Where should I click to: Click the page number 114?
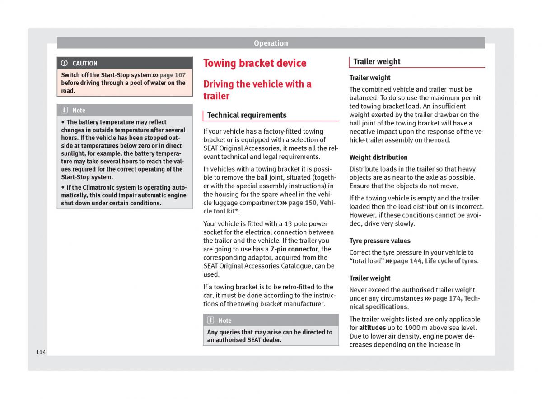pyautogui.click(x=41, y=352)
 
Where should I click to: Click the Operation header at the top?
pyautogui.click(x=271, y=43)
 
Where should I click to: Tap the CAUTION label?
pyautogui.click(x=84, y=64)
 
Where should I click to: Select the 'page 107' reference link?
pyautogui.click(x=172, y=75)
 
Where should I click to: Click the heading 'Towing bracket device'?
pyautogui.click(x=255, y=63)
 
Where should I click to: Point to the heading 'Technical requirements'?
pyautogui.click(x=247, y=115)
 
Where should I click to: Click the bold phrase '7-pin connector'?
pyautogui.click(x=294, y=249)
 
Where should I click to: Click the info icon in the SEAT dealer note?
pyautogui.click(x=211, y=320)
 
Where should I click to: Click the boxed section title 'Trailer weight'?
pyautogui.click(x=377, y=62)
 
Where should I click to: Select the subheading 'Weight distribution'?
pyautogui.click(x=378, y=158)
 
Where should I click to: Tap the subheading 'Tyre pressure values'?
pyautogui.click(x=380, y=241)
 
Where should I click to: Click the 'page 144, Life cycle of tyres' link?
pyautogui.click(x=435, y=261)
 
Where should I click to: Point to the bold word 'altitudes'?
pyautogui.click(x=373, y=328)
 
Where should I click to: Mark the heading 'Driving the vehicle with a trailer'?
pyautogui.click(x=257, y=90)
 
